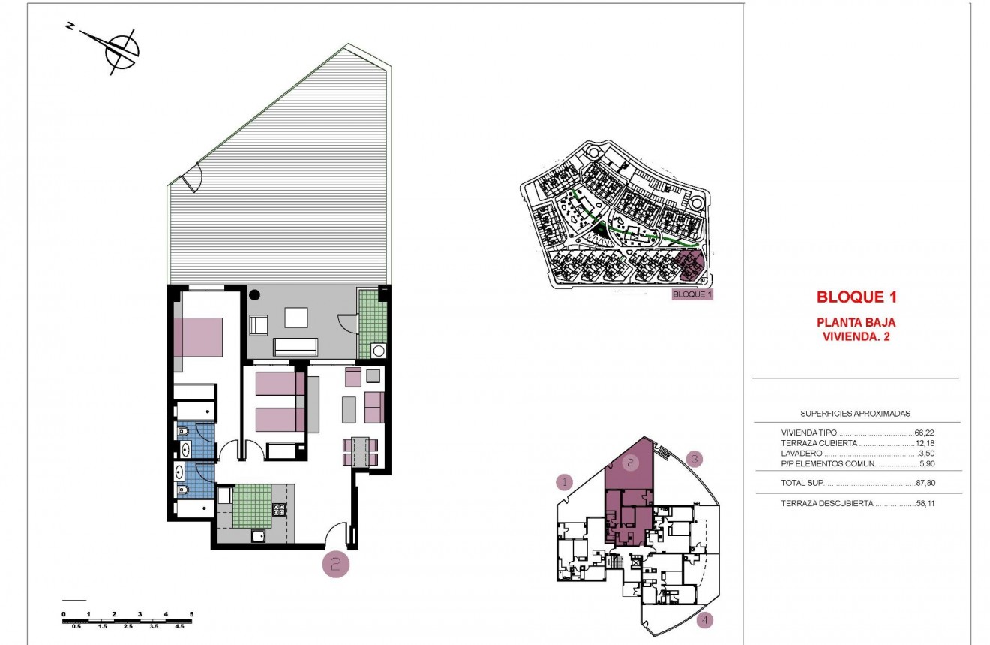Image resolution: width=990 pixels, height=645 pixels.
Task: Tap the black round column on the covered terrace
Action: coord(254,294)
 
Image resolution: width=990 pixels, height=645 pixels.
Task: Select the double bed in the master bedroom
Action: coord(198,336)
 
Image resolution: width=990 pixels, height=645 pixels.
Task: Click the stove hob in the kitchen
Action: coord(277,510)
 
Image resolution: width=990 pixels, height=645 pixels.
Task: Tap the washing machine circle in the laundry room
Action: coord(378,350)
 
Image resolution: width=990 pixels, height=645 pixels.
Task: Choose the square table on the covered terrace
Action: coord(295,318)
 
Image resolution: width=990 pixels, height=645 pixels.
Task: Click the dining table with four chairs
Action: coord(359,452)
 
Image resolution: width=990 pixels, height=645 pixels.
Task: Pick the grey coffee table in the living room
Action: coord(350,409)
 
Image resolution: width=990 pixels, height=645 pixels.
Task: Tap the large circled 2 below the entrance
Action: coord(335,564)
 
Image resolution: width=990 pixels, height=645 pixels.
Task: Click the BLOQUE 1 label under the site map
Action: coord(691,294)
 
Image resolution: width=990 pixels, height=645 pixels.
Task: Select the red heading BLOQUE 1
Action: coord(856,297)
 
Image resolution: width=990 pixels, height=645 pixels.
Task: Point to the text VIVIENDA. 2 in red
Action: coord(856,336)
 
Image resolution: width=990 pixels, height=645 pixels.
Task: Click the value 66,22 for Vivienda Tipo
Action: coord(925,433)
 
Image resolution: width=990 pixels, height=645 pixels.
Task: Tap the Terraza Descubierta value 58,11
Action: coord(925,503)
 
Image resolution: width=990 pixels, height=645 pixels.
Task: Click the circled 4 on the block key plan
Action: coord(704,620)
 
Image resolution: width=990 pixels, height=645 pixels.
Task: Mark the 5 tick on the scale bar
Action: coord(191,614)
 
